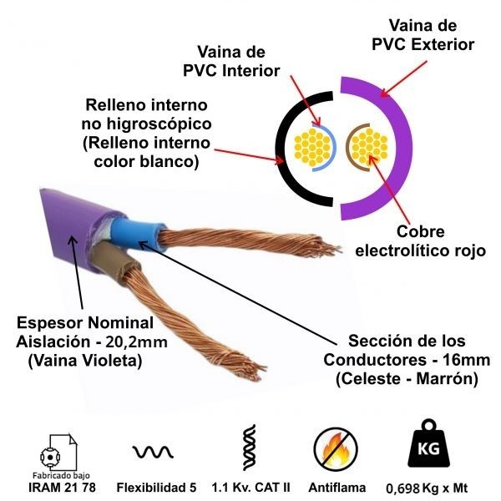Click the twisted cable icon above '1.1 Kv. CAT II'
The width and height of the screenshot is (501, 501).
click(x=248, y=451)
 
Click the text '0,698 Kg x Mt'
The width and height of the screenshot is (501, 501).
click(x=426, y=488)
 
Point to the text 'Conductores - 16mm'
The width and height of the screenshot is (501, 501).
click(x=407, y=360)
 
